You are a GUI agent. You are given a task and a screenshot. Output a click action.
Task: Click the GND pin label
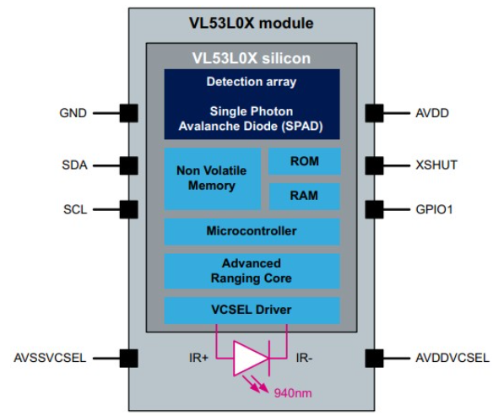73,112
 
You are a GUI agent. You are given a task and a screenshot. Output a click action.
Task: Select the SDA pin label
73,165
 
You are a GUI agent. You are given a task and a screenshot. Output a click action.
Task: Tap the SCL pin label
73,208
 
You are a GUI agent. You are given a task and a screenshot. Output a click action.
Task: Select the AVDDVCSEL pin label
448,358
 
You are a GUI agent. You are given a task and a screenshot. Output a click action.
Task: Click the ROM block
304,161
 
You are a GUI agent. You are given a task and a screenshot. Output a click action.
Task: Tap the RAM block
304,196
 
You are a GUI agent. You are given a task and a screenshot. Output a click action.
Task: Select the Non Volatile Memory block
211,178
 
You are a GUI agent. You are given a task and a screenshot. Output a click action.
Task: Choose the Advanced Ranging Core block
252,271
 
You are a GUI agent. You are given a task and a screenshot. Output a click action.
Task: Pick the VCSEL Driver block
252,310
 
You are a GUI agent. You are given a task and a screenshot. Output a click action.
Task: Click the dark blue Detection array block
252,104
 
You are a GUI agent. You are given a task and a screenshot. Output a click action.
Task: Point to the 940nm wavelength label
293,392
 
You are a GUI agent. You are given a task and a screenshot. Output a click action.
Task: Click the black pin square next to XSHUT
375,165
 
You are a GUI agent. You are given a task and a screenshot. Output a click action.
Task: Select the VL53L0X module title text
252,23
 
